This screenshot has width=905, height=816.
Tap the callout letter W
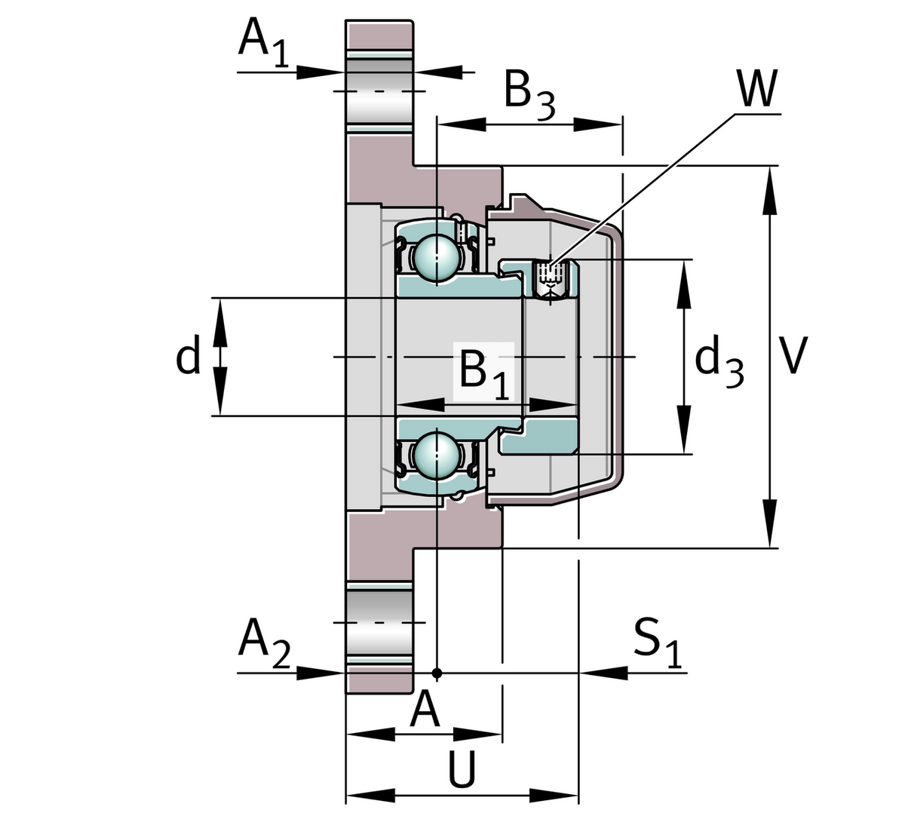(x=756, y=90)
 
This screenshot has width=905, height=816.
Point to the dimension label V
(x=793, y=355)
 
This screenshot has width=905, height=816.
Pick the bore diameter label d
(x=188, y=357)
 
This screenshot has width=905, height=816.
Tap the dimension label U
(x=462, y=770)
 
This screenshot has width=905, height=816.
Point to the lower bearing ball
(x=436, y=454)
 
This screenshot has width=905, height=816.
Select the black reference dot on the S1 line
(x=437, y=671)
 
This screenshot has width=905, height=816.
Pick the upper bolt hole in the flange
(x=379, y=91)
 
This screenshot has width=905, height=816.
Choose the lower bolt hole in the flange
(x=379, y=622)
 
